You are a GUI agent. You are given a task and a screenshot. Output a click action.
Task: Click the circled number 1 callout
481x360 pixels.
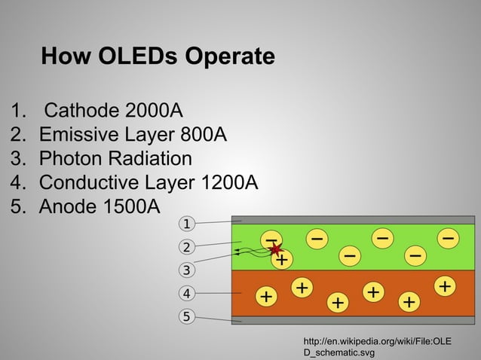[186, 223]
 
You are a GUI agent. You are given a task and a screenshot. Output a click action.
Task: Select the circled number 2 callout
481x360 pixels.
[186, 246]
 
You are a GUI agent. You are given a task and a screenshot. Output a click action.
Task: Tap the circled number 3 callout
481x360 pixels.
[186, 269]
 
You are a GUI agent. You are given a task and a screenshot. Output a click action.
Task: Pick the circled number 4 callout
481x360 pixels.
[186, 292]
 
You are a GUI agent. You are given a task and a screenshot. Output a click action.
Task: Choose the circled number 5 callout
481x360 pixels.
[186, 316]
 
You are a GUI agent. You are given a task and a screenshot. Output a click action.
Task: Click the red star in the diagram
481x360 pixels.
[275, 249]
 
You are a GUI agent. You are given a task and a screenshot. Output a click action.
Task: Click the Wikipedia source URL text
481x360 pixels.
[377, 346]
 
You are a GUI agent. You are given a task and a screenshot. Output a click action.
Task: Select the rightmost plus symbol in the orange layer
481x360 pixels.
[446, 286]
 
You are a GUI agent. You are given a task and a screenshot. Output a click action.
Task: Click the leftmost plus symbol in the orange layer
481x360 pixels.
[265, 297]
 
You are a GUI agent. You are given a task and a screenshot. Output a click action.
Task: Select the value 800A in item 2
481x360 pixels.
[204, 135]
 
